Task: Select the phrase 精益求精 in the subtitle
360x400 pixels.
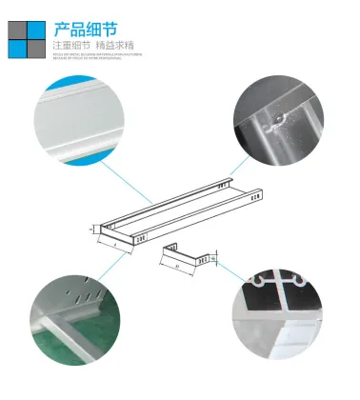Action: click(x=115, y=45)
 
